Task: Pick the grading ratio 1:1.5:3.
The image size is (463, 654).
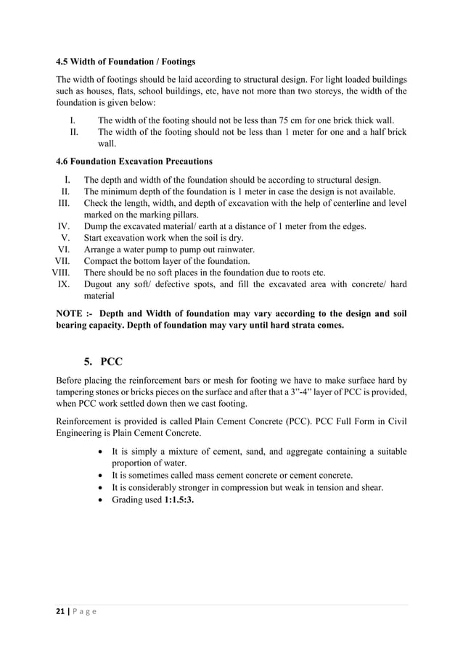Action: pyautogui.click(x=176, y=500)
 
